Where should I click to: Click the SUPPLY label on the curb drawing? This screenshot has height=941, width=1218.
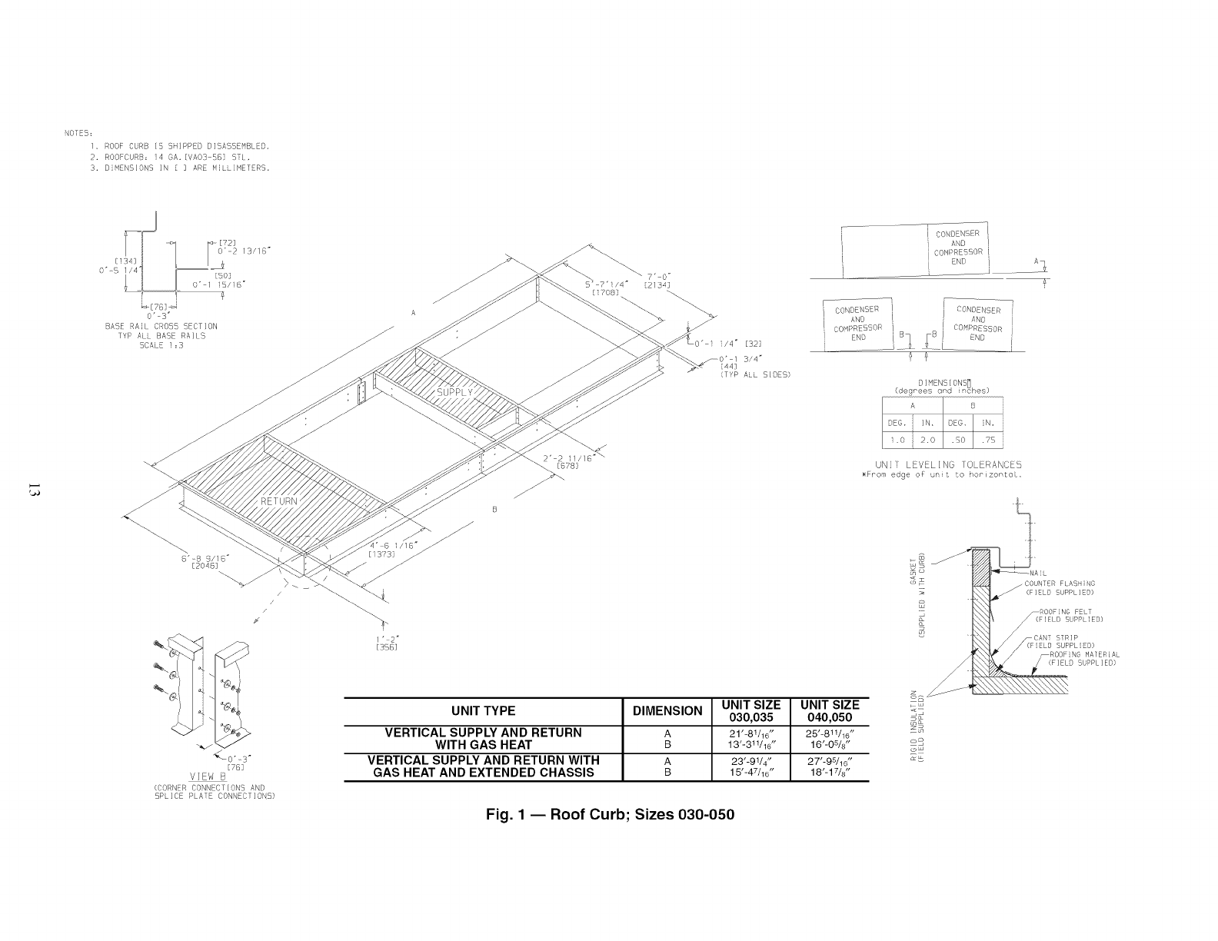coord(455,393)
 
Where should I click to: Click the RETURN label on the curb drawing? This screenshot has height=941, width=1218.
coord(279,501)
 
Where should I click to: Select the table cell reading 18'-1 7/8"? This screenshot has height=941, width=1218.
coord(830,773)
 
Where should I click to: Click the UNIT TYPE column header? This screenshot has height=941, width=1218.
coord(484,711)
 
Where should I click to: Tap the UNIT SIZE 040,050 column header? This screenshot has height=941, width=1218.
coord(830,711)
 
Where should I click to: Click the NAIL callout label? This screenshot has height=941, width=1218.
coord(1038,574)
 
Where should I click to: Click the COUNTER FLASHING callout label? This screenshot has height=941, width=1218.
coord(1059,584)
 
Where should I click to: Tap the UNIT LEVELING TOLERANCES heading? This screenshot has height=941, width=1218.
coord(948,464)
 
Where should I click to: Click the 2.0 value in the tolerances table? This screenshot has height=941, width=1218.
coord(928,441)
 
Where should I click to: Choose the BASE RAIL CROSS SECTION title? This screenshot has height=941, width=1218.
coord(161,327)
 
